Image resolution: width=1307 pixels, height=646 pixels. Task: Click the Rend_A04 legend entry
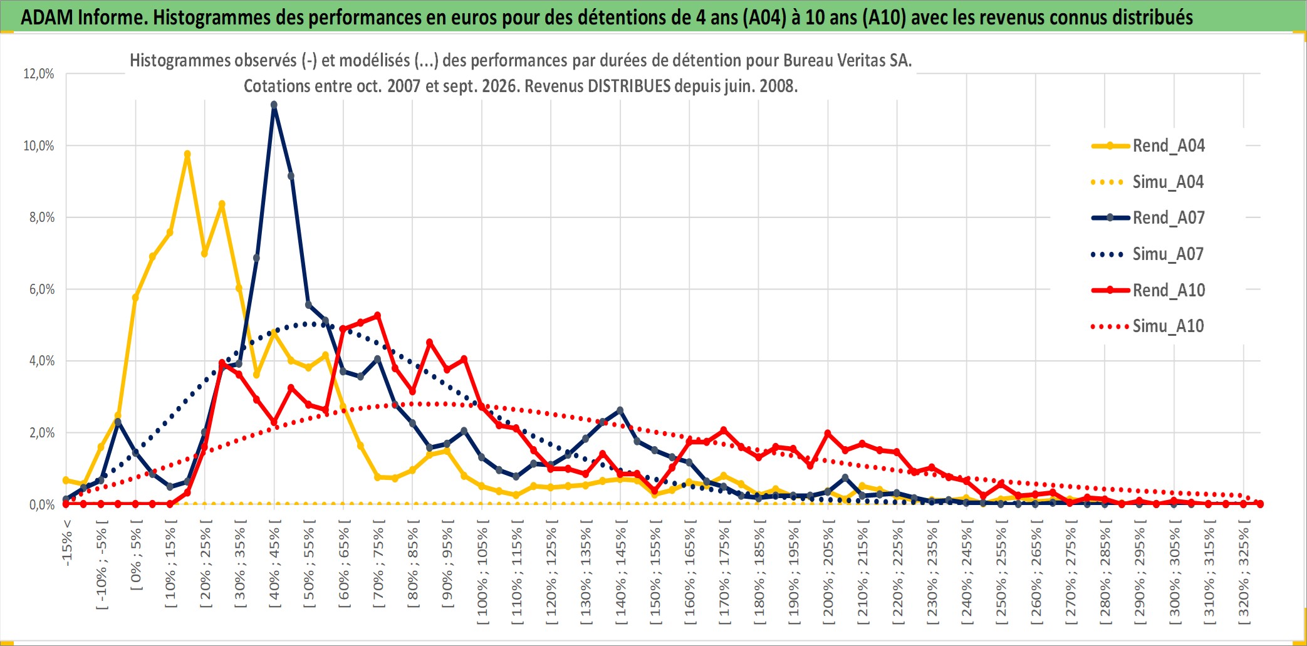pyautogui.click(x=1148, y=146)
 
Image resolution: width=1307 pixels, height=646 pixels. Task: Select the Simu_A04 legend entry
pyautogui.click(x=1148, y=182)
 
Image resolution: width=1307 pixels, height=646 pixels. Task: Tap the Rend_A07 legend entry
pyautogui.click(x=1148, y=218)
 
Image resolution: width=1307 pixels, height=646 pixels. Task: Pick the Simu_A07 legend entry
pyautogui.click(x=1148, y=254)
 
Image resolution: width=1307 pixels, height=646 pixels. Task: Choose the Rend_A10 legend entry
pyautogui.click(x=1148, y=290)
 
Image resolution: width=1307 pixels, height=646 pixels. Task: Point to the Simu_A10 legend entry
pyautogui.click(x=1148, y=326)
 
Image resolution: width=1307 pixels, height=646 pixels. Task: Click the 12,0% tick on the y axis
pyautogui.click(x=39, y=74)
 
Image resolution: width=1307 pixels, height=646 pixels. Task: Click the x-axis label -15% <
pyautogui.click(x=68, y=543)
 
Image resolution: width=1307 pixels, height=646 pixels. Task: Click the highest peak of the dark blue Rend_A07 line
pyautogui.click(x=274, y=105)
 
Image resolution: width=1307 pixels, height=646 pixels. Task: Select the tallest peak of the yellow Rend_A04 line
pyautogui.click(x=187, y=154)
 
